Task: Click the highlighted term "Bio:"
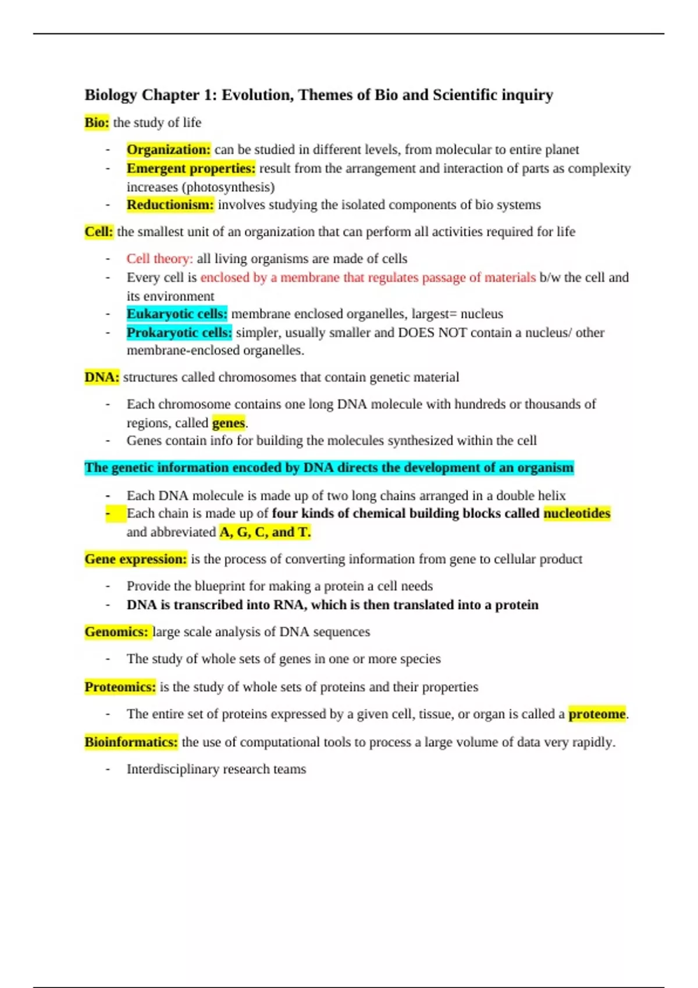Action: (97, 123)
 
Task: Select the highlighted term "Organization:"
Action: (169, 150)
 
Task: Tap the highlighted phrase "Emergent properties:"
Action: (191, 169)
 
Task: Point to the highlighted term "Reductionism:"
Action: (170, 205)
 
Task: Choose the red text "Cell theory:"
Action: (159, 259)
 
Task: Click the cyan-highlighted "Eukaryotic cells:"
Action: (177, 314)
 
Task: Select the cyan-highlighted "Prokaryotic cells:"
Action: (179, 332)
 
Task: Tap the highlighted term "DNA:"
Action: (102, 377)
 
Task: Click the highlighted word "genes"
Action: (229, 423)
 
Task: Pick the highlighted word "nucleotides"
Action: (576, 513)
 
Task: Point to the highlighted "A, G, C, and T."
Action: (265, 532)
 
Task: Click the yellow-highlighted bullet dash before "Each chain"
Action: (109, 514)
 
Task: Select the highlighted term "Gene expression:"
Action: (136, 559)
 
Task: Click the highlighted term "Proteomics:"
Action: (120, 687)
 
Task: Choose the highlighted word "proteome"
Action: (597, 714)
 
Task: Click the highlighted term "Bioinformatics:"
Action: (131, 742)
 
